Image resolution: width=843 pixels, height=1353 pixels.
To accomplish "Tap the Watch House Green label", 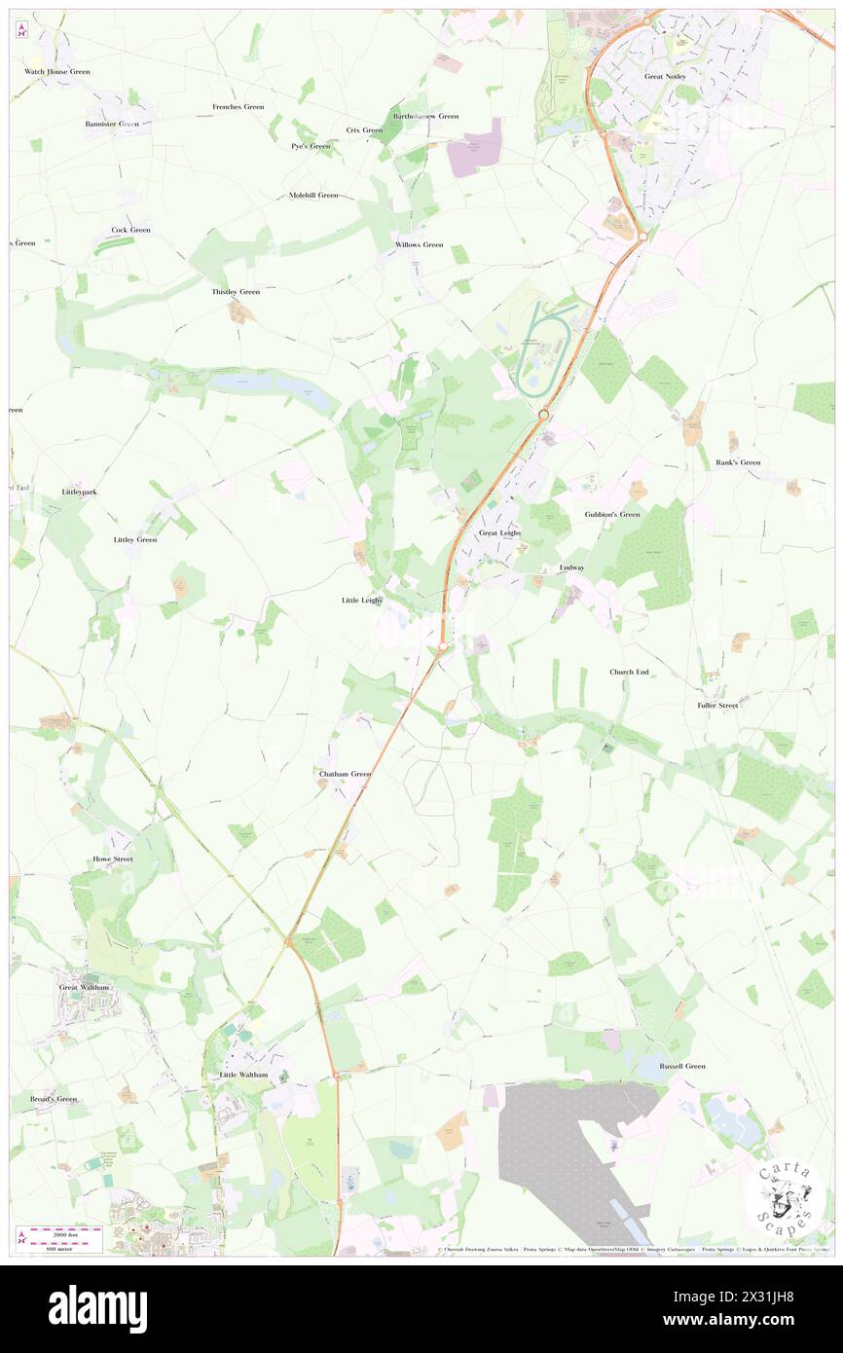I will [x=57, y=72].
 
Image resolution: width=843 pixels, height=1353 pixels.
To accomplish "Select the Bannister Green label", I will [x=112, y=125].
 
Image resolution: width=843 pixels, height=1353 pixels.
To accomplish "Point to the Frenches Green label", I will [x=238, y=107].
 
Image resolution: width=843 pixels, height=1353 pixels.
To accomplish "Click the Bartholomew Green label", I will [x=425, y=116].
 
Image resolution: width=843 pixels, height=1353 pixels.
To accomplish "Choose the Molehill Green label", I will [x=313, y=195].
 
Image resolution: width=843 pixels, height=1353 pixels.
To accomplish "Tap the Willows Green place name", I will [x=419, y=244].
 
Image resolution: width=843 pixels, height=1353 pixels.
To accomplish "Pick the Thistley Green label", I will [x=236, y=292].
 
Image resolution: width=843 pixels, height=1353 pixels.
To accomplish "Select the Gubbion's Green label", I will [x=612, y=514].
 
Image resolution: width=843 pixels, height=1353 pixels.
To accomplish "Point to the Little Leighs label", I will [x=362, y=601].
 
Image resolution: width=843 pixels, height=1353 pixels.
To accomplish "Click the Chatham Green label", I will [x=346, y=774].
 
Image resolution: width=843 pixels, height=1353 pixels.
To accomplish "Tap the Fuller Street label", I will [x=717, y=705].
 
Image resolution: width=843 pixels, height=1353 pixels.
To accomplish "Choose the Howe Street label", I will [x=113, y=859].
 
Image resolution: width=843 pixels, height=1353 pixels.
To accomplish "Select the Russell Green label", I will [x=682, y=1066].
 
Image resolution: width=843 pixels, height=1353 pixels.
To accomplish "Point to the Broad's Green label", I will [x=53, y=1099].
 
